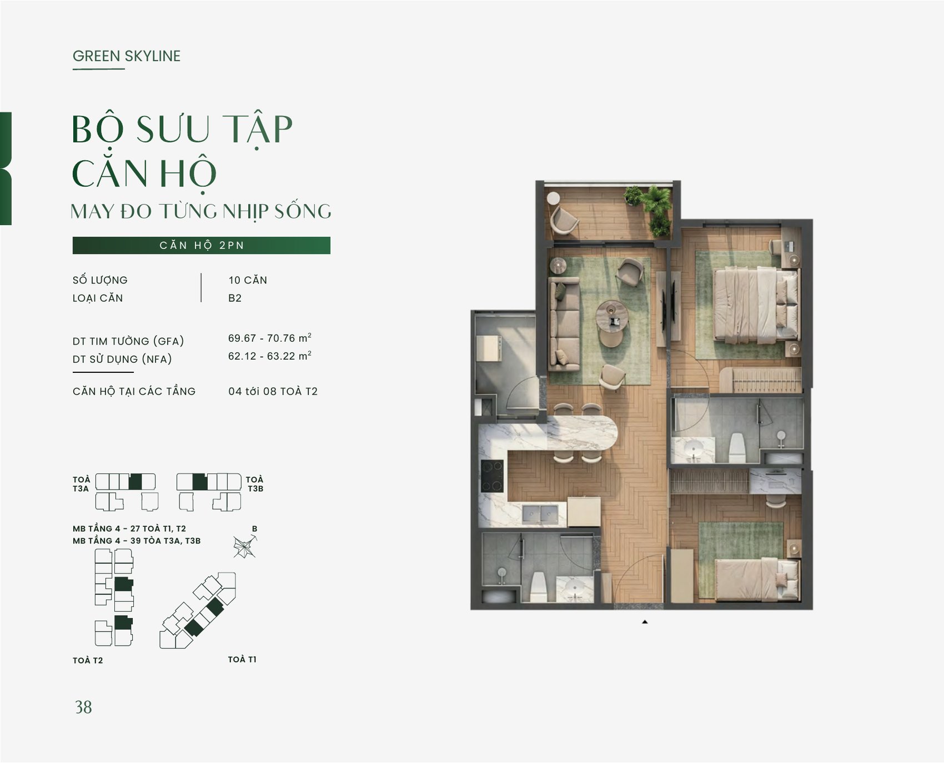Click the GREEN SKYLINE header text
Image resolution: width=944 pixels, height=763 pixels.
pyautogui.click(x=127, y=56)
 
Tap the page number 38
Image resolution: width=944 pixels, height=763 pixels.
pyautogui.click(x=83, y=707)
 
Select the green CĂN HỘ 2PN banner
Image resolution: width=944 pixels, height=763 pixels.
pyautogui.click(x=202, y=245)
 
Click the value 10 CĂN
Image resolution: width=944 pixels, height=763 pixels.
pyautogui.click(x=248, y=280)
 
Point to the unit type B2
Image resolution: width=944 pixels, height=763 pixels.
pyautogui.click(x=235, y=298)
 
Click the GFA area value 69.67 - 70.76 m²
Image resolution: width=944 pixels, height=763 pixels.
pyautogui.click(x=269, y=338)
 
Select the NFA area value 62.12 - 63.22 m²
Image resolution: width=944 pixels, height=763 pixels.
pyautogui.click(x=269, y=356)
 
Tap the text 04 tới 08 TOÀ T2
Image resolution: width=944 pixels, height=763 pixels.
pyautogui.click(x=273, y=391)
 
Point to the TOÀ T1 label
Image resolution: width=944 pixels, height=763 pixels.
pyautogui.click(x=242, y=659)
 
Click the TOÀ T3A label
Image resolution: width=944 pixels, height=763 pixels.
pyautogui.click(x=81, y=484)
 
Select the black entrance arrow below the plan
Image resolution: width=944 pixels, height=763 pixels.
pyautogui.click(x=645, y=622)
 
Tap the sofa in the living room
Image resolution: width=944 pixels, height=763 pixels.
pyautogui.click(x=564, y=323)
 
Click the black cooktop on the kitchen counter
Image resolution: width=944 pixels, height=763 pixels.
pyautogui.click(x=492, y=476)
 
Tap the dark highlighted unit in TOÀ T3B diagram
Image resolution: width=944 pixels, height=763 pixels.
pyautogui.click(x=199, y=482)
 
